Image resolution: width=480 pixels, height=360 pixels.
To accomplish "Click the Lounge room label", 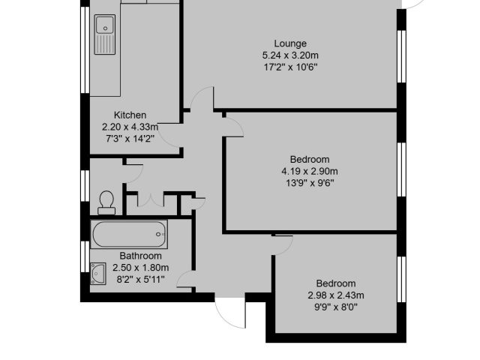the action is pos(290,43).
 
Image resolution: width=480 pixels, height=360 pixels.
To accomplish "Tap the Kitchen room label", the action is pos(130,115).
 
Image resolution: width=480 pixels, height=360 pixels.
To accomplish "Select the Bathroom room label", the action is pos(140,256).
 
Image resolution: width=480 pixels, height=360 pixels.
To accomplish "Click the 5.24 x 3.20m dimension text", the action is pos(290,55).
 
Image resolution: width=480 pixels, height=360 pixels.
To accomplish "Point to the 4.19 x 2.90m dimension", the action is pos(310,171).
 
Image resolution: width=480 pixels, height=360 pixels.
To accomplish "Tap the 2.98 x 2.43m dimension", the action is pos(336,295).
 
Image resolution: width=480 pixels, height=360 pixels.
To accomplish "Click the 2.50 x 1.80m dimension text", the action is pos(140,268).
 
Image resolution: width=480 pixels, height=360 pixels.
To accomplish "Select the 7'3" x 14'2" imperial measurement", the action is pos(130,139).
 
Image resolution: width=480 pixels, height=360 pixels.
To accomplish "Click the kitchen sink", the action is pos(105,34).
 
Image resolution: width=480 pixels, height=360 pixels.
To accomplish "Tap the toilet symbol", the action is pos(106,202).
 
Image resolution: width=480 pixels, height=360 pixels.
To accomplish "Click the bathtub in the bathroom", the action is pos(129,234).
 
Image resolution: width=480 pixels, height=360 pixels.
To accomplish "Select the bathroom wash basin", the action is pos(98,274).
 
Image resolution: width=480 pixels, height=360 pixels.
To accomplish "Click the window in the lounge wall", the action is pos(401,56).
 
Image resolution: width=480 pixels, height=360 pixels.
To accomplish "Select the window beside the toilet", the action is pos(85,186).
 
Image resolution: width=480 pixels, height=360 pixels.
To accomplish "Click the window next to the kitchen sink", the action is pos(85,49).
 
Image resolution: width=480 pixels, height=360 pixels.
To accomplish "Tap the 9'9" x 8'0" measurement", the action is pos(336,307).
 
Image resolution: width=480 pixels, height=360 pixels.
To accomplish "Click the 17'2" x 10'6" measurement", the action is pos(290,67).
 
